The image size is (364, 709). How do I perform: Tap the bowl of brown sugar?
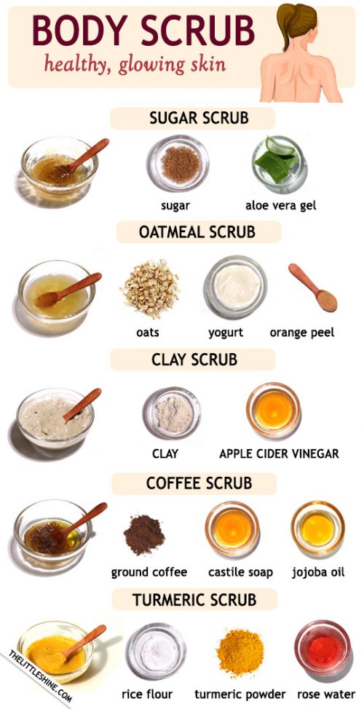(x=178, y=164)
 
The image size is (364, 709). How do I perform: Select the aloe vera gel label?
(x=280, y=205)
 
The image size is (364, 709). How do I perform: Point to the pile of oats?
(x=149, y=288)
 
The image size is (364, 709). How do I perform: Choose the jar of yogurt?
(x=235, y=288)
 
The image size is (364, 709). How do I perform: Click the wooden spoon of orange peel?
(x=313, y=288)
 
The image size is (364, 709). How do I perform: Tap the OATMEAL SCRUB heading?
(x=197, y=232)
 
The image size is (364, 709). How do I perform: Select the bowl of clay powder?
(x=172, y=413)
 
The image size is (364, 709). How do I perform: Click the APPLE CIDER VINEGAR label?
(x=279, y=453)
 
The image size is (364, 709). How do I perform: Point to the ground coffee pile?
(x=144, y=534)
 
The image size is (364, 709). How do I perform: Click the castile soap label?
(x=240, y=572)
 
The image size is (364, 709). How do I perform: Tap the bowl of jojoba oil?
(x=318, y=529)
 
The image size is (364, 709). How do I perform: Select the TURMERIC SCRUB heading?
(x=194, y=600)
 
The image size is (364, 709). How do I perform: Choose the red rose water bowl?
(x=323, y=649)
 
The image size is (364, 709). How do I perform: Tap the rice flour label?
(x=147, y=694)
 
